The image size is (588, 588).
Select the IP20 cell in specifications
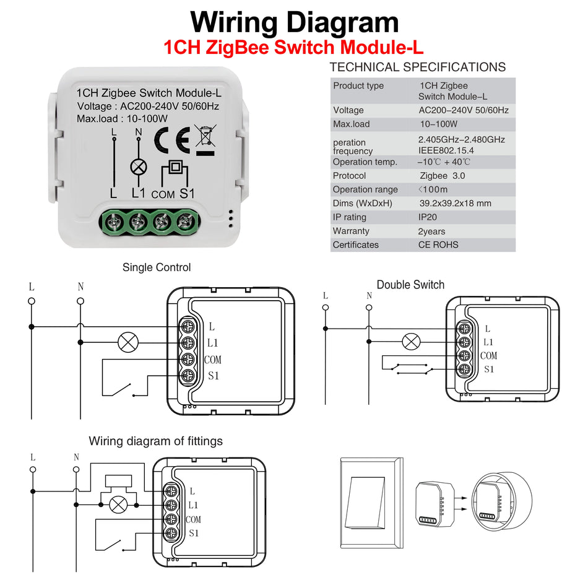tap(427, 217)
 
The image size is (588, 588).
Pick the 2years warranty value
tap(431, 231)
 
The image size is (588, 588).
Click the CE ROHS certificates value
tap(438, 244)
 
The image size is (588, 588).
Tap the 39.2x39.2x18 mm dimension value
tap(455, 203)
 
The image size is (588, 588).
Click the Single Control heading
tap(157, 267)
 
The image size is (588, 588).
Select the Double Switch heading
tap(410, 285)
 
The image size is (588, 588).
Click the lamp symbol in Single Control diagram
tap(129, 342)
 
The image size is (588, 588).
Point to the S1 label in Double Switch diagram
tap(489, 370)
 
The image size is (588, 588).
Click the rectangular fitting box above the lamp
tap(118, 481)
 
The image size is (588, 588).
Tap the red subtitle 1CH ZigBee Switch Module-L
tap(294, 48)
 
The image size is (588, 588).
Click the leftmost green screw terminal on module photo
tap(115, 220)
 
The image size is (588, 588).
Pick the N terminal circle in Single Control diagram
tap(80, 301)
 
